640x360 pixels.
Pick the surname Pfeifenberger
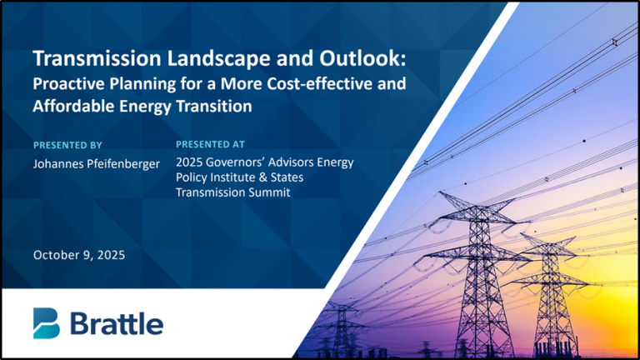(129, 163)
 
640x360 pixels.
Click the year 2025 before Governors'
(191, 162)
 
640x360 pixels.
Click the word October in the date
(57, 255)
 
